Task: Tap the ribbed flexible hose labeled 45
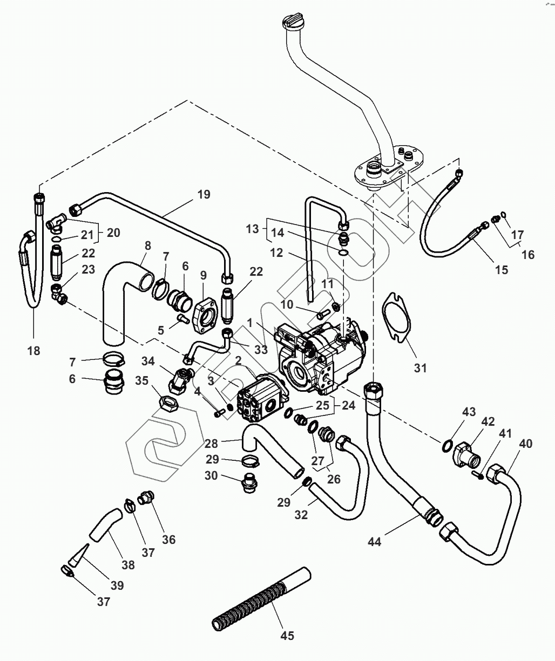click(262, 594)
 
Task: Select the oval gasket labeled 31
click(396, 318)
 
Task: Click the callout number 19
click(204, 194)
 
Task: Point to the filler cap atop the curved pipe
click(293, 24)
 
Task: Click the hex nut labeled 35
click(168, 404)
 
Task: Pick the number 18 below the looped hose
click(34, 351)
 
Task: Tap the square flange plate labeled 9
click(204, 317)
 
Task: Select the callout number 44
click(375, 542)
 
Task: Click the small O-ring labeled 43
click(446, 446)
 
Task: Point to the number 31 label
click(420, 368)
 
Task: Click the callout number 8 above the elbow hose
click(148, 246)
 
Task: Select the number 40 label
click(526, 444)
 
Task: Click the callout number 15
click(502, 270)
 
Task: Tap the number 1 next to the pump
click(250, 323)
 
